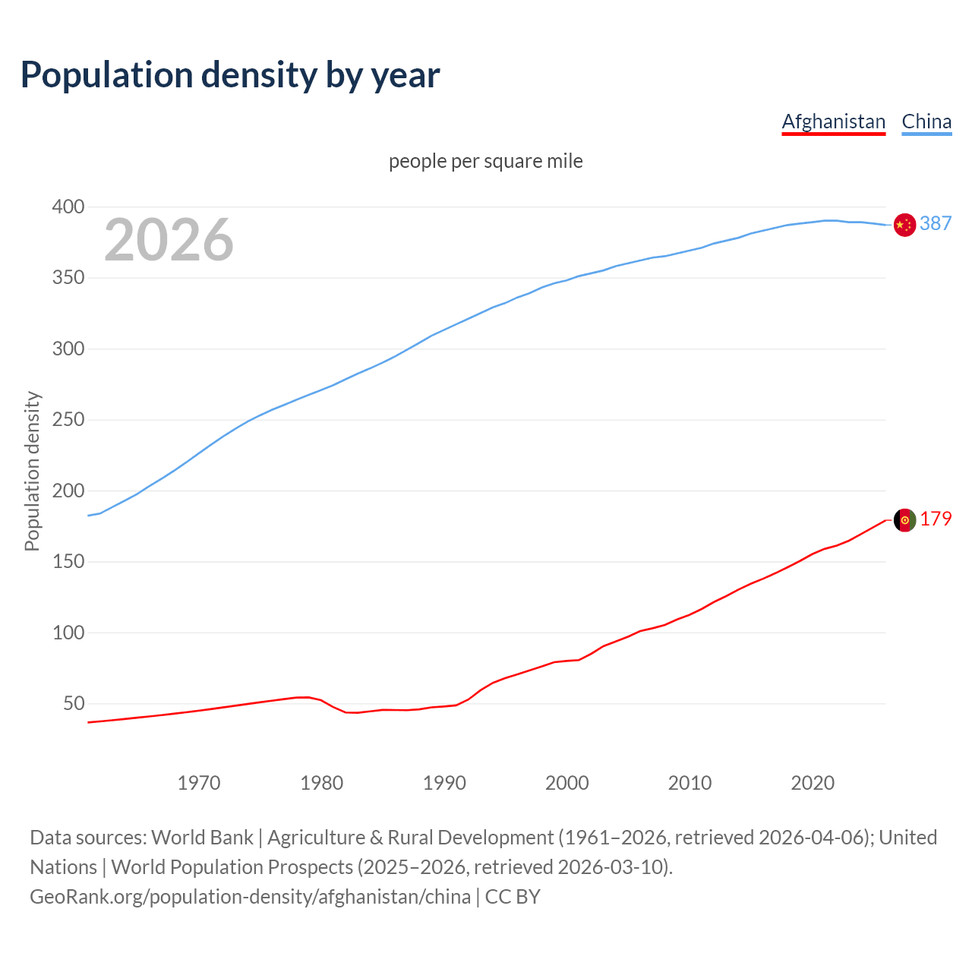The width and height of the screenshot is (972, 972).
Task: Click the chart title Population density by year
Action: click(x=230, y=75)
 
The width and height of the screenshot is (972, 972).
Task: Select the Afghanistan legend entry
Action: click(x=833, y=121)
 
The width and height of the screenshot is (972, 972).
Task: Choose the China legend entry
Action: click(x=926, y=121)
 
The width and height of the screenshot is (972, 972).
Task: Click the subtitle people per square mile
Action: click(x=485, y=161)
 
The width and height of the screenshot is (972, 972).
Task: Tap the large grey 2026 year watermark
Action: click(x=169, y=240)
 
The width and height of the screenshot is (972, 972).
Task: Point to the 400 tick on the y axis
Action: click(x=68, y=207)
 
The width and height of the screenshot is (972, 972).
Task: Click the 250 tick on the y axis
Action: click(x=68, y=420)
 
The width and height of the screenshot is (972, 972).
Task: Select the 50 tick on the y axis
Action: click(x=73, y=704)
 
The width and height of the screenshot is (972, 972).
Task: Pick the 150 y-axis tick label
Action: click(x=68, y=562)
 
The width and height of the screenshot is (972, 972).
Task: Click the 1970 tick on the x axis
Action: click(x=199, y=783)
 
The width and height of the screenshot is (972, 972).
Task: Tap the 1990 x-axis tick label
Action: click(x=444, y=783)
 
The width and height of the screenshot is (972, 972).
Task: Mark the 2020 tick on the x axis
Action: click(x=813, y=783)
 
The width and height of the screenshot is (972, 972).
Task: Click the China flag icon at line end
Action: click(x=904, y=225)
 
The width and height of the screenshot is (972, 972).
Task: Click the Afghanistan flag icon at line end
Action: click(x=904, y=520)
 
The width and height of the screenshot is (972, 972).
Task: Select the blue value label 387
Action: click(x=936, y=223)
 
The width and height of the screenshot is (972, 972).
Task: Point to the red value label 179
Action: click(x=936, y=519)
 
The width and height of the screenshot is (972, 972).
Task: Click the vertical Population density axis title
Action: click(x=32, y=471)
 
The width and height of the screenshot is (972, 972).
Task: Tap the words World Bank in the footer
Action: click(x=202, y=838)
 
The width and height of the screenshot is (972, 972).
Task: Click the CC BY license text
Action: click(x=513, y=897)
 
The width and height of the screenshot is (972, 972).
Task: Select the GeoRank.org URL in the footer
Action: click(x=250, y=897)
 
